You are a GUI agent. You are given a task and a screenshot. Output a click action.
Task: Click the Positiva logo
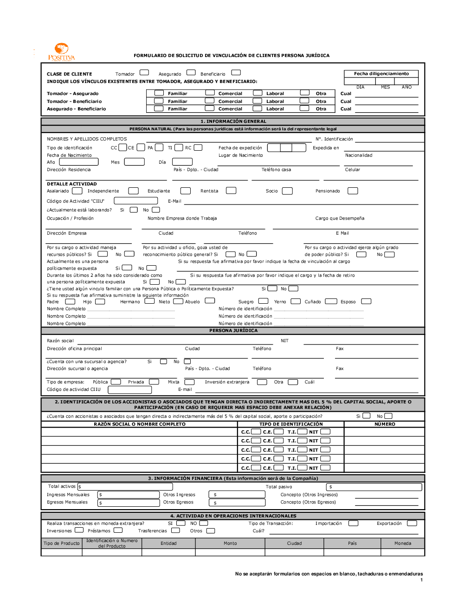[x=61, y=51]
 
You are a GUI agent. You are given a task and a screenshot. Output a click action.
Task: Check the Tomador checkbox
[x=144, y=72]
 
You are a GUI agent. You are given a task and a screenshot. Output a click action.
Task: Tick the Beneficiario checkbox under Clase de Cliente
[x=236, y=72]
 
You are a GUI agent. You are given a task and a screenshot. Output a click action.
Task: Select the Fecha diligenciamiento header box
[x=381, y=74]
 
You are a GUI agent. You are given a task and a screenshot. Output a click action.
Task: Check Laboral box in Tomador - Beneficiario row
[x=258, y=101]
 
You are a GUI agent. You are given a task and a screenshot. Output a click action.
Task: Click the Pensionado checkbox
[x=353, y=191]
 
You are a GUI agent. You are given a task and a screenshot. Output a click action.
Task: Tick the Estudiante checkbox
[x=186, y=191]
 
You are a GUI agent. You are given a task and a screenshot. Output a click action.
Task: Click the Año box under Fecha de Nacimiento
[x=79, y=162]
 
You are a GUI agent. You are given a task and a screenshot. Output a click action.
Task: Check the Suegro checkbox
[x=263, y=301]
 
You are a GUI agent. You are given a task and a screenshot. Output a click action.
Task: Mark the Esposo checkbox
[x=366, y=301]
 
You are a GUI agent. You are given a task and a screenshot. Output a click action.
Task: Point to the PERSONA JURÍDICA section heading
[x=233, y=331]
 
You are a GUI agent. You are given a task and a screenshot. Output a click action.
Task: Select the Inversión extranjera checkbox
[x=262, y=382]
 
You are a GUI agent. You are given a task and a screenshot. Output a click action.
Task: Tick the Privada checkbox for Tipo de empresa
[x=154, y=382]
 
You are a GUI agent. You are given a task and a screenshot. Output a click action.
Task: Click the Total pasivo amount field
[x=374, y=487]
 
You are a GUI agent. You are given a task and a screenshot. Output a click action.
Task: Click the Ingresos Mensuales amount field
[x=128, y=495]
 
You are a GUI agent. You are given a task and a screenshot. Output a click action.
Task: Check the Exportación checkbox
[x=412, y=523]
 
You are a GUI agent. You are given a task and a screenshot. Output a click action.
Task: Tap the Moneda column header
[x=402, y=543]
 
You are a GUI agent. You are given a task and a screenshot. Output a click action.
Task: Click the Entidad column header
[x=168, y=543]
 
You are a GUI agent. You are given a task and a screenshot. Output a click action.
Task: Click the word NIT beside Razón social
[x=284, y=341]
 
